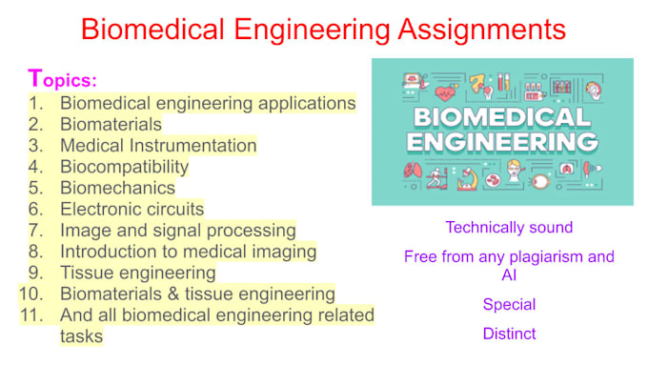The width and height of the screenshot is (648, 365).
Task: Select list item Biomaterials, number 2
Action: coord(111,124)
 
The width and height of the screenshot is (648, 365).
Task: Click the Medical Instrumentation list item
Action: coord(158,146)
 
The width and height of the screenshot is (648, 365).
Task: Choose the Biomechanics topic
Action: coord(117,188)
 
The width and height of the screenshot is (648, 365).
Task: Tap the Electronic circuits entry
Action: coord(132,209)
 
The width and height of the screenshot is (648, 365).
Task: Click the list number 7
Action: coord(35,230)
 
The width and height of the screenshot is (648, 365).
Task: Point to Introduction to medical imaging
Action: coord(188,252)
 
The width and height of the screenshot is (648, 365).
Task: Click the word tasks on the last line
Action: coord(81,335)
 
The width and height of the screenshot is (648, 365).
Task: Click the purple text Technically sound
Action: coord(509,228)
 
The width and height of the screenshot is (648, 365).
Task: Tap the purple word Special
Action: coord(509,305)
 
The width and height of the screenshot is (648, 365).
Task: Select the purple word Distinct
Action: coord(509,334)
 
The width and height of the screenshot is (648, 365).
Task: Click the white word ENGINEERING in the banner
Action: coord(502,143)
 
